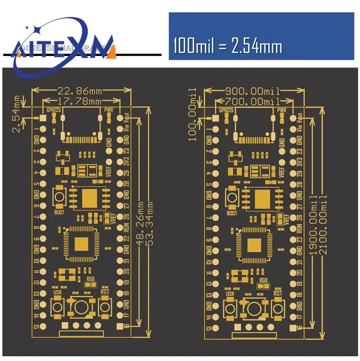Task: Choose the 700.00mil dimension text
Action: [252, 101]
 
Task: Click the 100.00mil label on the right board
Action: [193, 114]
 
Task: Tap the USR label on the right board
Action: [231, 292]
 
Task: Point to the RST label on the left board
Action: [105, 292]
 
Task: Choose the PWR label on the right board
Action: [282, 110]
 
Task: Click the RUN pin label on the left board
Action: [126, 228]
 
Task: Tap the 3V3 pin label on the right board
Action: [299, 162]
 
